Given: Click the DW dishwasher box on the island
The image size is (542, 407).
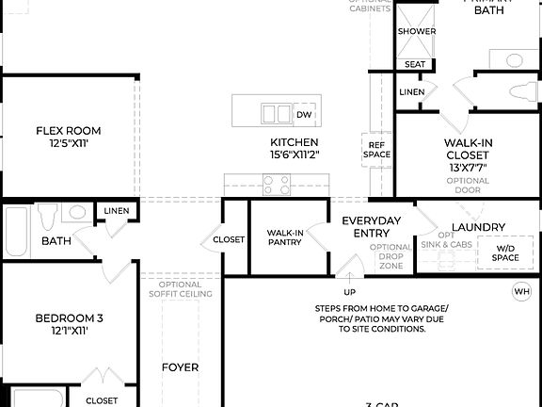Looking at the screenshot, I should [303, 114].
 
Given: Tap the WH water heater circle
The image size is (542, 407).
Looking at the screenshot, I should [521, 292].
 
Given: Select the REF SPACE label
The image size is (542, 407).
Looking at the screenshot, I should [376, 149].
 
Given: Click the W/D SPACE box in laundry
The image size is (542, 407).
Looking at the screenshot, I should [504, 252].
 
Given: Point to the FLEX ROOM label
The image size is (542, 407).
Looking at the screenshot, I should [68, 131].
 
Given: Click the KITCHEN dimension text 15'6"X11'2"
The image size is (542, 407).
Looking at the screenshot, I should [295, 155].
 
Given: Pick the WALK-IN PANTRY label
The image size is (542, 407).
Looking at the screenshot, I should [283, 237].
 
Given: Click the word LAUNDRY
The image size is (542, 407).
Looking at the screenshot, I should [478, 227].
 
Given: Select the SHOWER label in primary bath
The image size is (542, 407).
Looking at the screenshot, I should [416, 31].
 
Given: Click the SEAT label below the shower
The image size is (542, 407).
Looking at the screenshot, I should [415, 64].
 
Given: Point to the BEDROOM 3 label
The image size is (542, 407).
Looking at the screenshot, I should [68, 318].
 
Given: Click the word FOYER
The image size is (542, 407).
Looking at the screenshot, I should [180, 367].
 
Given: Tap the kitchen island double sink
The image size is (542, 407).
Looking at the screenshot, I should [277, 114].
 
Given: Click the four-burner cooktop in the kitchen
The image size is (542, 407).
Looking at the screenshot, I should [277, 187].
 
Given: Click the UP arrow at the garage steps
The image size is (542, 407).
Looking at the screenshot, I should [349, 280].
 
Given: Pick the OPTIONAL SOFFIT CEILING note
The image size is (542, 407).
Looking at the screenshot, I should [180, 289].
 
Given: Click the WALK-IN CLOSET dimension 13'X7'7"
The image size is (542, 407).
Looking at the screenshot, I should [468, 167].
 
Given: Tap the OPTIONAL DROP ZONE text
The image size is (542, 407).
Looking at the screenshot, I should [390, 256].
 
